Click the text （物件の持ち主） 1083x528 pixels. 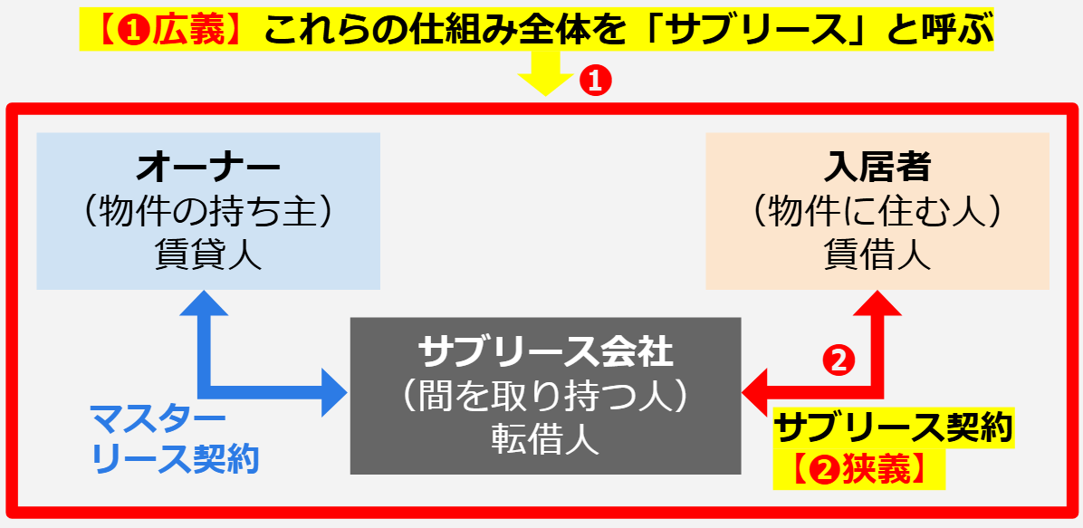(x=208, y=212)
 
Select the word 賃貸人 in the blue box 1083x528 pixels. (x=208, y=255)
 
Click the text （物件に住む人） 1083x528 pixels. (x=877, y=212)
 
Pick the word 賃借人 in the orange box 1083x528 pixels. (x=877, y=255)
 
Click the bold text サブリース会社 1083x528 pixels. (x=546, y=350)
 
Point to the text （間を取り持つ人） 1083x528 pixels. (x=546, y=395)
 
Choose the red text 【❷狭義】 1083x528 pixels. (x=858, y=469)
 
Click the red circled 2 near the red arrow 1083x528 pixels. (x=838, y=360)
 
